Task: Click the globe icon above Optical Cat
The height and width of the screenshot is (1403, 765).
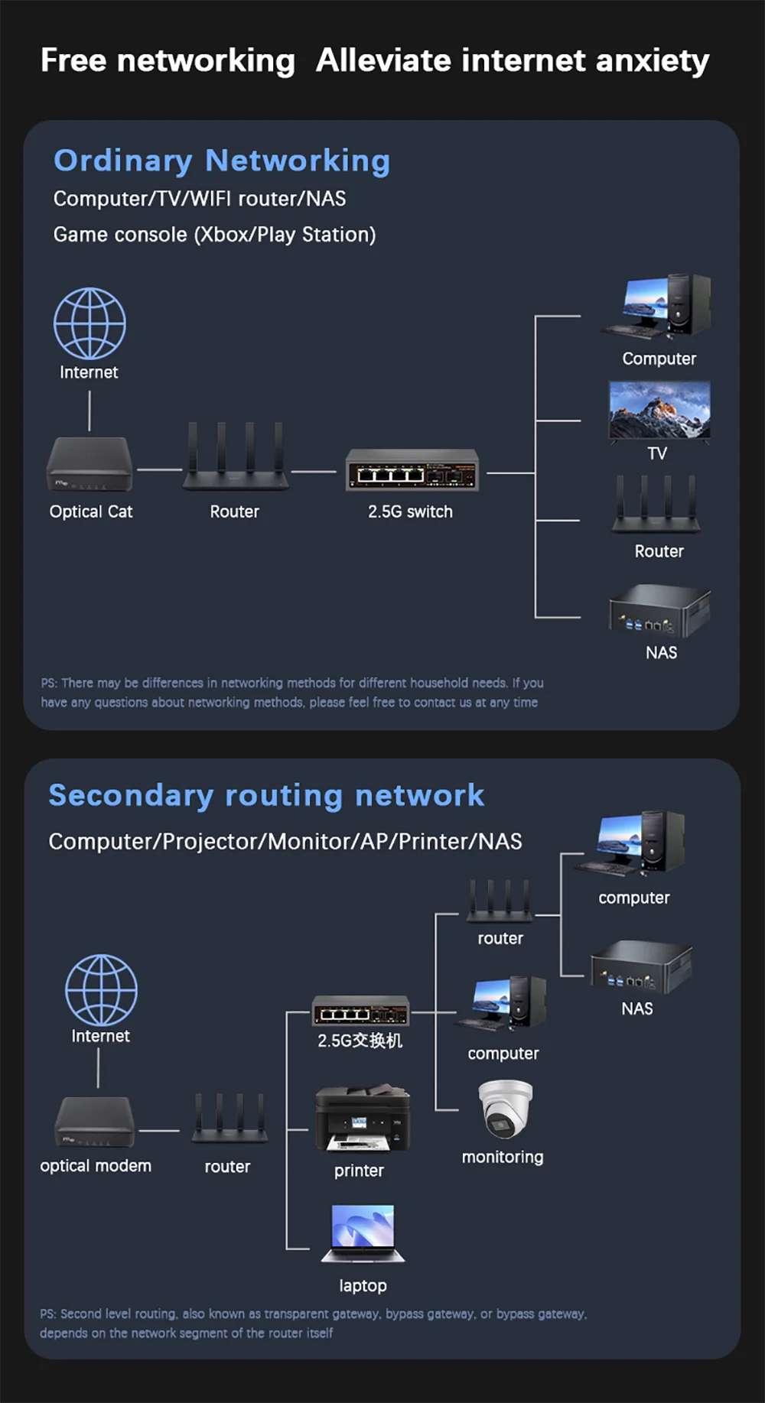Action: click(90, 323)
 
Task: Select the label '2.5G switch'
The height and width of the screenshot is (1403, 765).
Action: click(410, 512)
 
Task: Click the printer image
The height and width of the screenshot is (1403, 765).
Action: click(363, 1118)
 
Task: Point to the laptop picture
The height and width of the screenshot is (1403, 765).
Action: click(363, 1233)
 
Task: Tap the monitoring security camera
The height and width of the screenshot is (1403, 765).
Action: click(505, 1109)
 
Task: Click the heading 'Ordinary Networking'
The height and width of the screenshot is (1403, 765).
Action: click(222, 161)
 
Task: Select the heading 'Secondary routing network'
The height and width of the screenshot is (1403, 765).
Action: click(266, 795)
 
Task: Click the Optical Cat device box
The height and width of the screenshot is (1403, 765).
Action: click(90, 464)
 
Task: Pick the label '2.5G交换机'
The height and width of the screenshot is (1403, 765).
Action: click(360, 1041)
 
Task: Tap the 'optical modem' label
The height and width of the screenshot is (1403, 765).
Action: click(96, 1166)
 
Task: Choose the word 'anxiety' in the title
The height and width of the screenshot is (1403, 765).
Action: click(653, 60)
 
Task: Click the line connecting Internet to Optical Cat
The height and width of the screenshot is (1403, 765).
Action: click(90, 411)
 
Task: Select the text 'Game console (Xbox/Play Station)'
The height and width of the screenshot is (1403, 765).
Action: click(214, 235)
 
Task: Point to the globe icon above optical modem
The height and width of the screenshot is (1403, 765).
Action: click(101, 989)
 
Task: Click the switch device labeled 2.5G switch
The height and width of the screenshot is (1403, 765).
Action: click(412, 470)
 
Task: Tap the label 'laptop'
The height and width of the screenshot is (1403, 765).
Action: click(363, 1286)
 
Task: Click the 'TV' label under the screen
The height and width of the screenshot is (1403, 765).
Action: click(657, 453)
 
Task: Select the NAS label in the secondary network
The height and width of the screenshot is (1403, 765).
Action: click(637, 1008)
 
